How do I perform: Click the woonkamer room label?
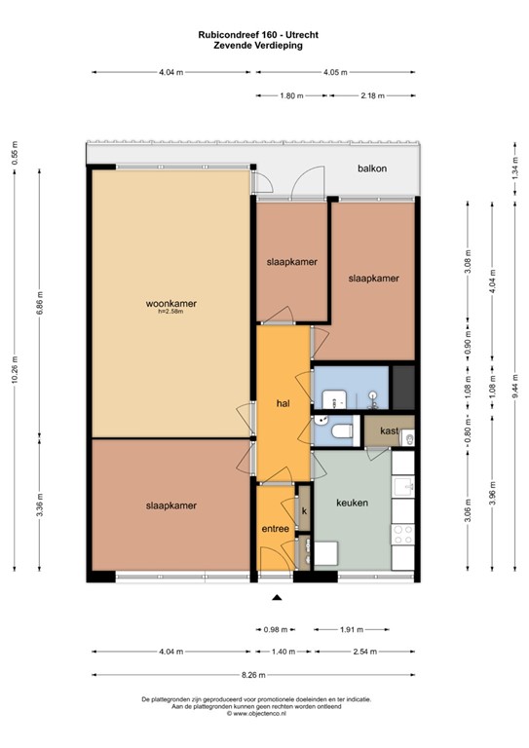click(166, 303)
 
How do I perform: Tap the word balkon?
click(371, 168)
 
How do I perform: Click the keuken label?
click(351, 503)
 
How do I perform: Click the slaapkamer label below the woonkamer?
click(171, 505)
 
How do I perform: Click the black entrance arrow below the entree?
click(277, 598)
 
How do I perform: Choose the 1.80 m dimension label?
click(291, 95)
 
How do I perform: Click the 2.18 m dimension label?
click(371, 95)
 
